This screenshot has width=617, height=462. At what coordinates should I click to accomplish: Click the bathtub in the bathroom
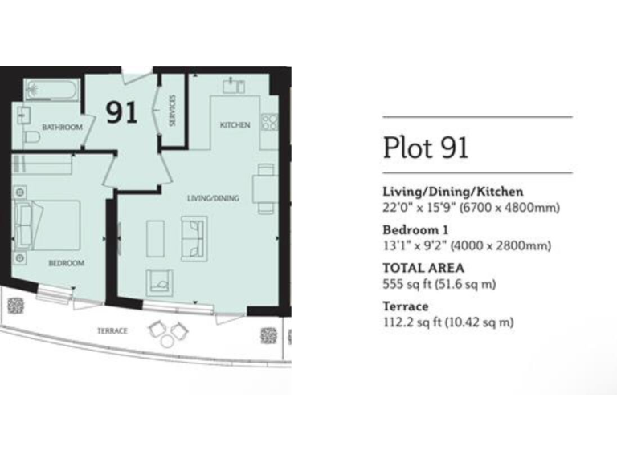point(50,89)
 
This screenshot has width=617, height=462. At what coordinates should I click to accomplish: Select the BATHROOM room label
point(62,127)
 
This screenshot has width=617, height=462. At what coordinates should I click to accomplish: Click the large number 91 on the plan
point(122,112)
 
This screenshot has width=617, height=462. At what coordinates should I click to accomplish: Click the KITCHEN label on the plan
point(235,125)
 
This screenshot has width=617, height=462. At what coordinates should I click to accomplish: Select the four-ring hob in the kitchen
point(269,123)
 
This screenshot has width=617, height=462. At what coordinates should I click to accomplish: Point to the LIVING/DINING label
point(213,197)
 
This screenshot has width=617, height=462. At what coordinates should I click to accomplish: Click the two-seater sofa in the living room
point(194,238)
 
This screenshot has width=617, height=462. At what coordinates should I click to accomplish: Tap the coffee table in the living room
point(155,238)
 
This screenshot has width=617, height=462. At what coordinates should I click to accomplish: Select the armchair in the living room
point(160,282)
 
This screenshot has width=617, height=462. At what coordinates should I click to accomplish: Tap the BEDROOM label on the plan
point(66,263)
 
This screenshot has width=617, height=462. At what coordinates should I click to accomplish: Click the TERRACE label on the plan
point(112,330)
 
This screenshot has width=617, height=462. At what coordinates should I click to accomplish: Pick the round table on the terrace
point(167,340)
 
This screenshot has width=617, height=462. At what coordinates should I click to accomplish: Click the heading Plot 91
point(425,148)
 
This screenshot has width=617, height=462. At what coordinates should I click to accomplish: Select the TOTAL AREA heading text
point(423,269)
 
